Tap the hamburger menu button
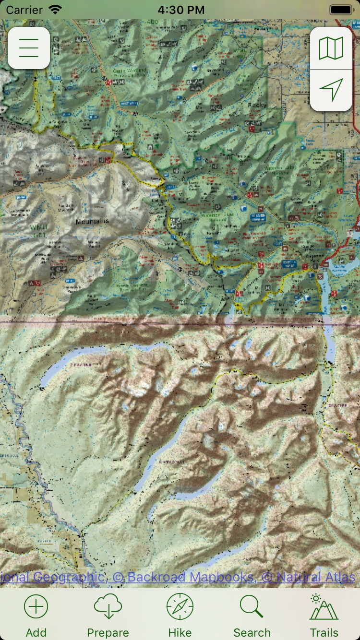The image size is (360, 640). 29,48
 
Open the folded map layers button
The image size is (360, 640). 331,48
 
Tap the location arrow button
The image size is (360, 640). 331,90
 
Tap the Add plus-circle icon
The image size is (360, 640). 36,607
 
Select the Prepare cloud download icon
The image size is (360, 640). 108,607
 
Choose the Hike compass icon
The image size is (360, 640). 180,607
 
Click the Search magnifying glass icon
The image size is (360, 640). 252,607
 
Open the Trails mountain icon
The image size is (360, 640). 324,607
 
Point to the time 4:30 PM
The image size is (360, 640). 180,10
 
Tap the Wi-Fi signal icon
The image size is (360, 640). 56,10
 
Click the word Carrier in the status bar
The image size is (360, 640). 24,10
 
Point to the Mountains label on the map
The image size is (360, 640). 92,221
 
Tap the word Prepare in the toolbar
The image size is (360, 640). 108,633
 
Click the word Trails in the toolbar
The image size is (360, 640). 324,633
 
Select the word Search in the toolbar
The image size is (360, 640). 252,633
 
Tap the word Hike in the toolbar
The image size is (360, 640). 180,633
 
